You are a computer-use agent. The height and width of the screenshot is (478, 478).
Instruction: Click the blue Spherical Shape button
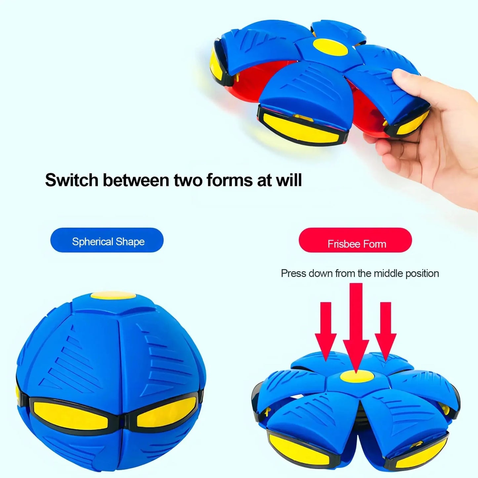tap(107, 240)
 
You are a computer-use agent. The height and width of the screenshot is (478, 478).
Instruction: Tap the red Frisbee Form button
tap(355, 240)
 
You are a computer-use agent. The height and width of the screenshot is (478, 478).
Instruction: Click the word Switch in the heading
tap(72, 180)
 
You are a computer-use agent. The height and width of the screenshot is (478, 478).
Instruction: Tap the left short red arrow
tap(326, 331)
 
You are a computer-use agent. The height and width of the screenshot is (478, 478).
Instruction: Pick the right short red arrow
tap(385, 331)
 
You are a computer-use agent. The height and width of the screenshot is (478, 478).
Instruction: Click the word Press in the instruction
tap(293, 274)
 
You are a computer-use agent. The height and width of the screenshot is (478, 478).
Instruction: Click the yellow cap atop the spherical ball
tap(113, 295)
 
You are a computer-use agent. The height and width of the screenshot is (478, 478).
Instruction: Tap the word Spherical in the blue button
tap(93, 242)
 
